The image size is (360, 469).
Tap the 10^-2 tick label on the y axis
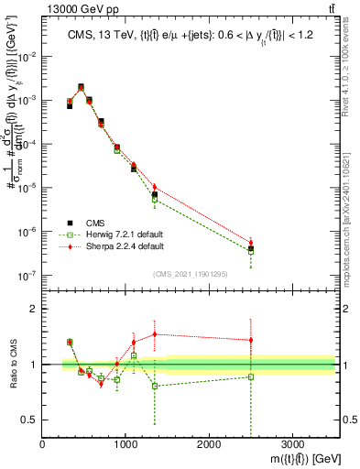[27, 56]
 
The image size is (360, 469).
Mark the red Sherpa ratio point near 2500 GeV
[250, 340]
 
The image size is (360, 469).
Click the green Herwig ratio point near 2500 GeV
[250, 376]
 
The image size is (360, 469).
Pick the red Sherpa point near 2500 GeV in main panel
[250, 243]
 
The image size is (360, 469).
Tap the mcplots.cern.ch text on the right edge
[352, 211]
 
